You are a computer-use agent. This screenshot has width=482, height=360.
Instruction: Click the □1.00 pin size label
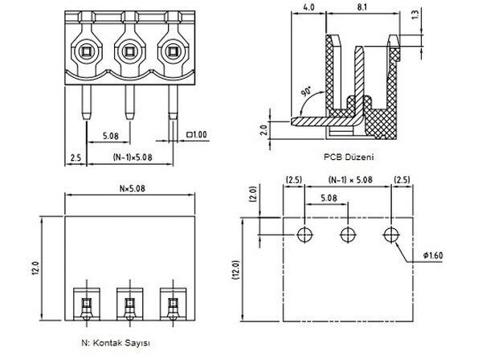tap(195, 134)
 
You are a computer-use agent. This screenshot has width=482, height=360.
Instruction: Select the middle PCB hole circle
tap(348, 234)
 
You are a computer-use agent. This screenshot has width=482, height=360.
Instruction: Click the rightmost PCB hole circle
tap(391, 234)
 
